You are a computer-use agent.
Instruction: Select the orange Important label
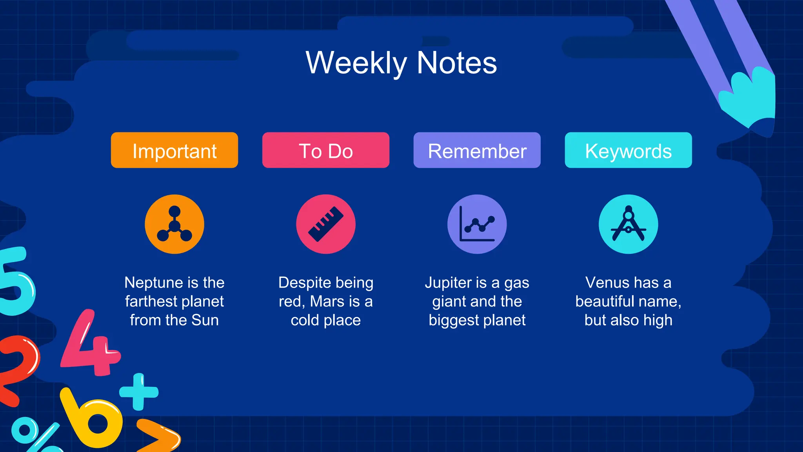point(174,151)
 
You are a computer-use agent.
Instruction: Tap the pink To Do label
point(326,151)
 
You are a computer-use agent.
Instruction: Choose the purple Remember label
point(477,151)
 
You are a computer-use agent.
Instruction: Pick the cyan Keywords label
point(628,151)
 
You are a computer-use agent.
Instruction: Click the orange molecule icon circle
point(174,224)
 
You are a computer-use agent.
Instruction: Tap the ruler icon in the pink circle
point(326,224)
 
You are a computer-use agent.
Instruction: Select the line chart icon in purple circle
point(477,224)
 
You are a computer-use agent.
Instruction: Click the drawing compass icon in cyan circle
point(628,224)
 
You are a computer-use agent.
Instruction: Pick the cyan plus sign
point(138,392)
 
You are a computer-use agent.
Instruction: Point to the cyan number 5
point(16,282)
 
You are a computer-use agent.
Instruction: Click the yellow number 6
point(92,420)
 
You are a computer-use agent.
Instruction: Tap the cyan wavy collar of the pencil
point(751,98)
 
